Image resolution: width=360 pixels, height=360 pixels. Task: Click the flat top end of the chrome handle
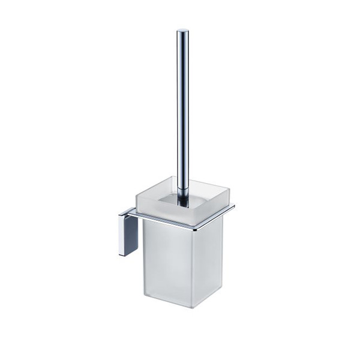pyautogui.click(x=182, y=31)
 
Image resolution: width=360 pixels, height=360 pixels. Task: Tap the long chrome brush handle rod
pyautogui.click(x=182, y=108)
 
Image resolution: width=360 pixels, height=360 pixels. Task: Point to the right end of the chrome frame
pyautogui.click(x=233, y=207)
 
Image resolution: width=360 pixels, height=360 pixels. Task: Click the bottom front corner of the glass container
pyautogui.click(x=192, y=307)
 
